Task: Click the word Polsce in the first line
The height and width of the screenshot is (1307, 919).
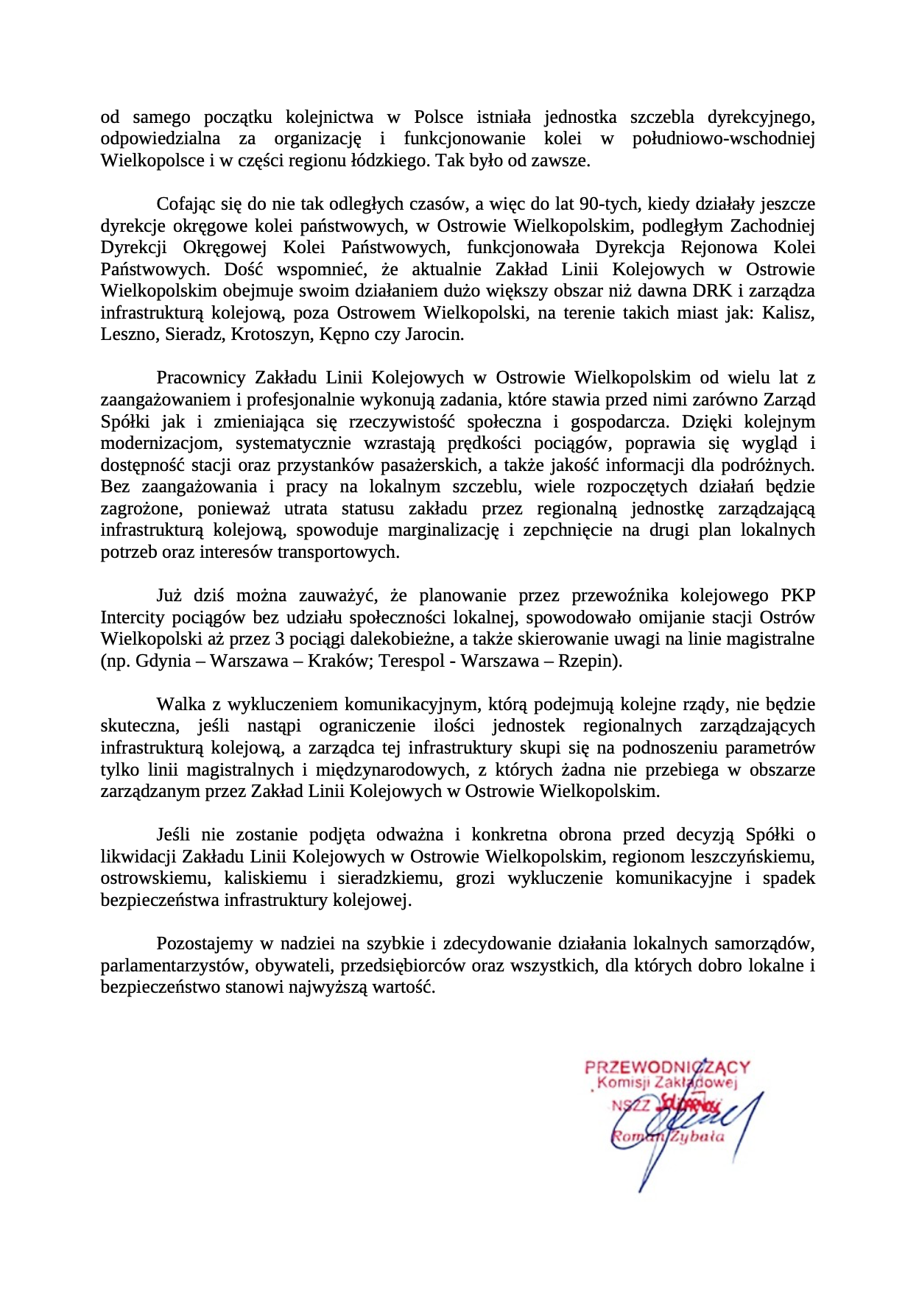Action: point(438,117)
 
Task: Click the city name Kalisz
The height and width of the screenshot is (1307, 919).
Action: point(788,313)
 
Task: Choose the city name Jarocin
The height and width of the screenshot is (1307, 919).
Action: point(434,335)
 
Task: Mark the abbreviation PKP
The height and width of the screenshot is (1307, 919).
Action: point(797,595)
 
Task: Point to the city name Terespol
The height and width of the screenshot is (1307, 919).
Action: point(414,661)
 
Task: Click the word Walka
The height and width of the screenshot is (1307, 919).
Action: point(180,704)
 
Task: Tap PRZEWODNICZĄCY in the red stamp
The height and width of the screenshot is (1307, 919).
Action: point(667,1067)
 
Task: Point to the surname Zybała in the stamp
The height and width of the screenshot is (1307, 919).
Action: point(697,1136)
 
